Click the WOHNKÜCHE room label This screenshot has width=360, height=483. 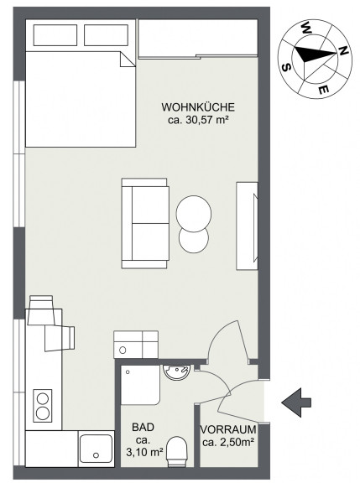coord(198,107)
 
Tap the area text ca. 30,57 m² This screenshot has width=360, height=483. coord(198,120)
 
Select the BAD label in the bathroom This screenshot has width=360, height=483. coord(143,428)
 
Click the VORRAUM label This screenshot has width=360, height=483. coord(228,429)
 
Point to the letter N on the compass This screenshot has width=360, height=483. coord(344,51)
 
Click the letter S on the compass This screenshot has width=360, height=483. coord(287,67)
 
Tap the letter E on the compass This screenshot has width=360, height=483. coord(323,90)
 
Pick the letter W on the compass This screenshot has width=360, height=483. coord(306,28)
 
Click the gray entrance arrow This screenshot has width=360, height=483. coord(296,402)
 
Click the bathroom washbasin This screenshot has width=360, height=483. coord(176,372)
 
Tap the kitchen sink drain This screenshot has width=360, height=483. coord(96,455)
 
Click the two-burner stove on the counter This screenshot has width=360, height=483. coord(43,406)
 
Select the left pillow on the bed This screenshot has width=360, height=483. coord(55,35)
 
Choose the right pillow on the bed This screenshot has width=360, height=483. coord(106,35)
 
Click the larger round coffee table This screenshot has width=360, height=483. coord(194,213)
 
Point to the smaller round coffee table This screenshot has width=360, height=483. coord(194,240)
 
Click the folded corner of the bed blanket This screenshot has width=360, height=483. coord(127,60)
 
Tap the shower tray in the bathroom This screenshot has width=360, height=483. coord(140,385)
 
